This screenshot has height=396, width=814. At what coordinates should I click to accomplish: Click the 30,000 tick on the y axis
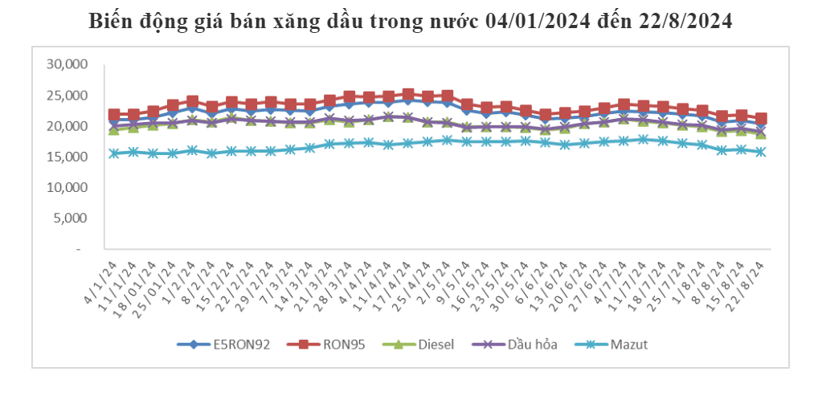point(69,64)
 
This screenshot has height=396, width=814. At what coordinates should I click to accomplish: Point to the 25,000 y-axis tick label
point(69,96)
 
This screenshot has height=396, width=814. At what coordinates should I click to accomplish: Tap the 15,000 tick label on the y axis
point(69,157)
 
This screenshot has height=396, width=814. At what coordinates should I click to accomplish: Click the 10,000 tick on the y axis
point(69,187)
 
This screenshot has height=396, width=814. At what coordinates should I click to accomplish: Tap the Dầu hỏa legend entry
point(526,345)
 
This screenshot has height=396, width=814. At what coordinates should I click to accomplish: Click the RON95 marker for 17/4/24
point(408,95)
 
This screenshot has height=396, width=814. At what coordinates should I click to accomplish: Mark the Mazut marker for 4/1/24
point(114,153)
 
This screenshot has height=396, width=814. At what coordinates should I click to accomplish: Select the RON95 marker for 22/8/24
point(761,119)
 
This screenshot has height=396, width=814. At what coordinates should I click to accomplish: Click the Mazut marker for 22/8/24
point(761,151)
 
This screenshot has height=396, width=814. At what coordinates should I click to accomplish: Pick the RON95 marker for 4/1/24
point(114,115)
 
